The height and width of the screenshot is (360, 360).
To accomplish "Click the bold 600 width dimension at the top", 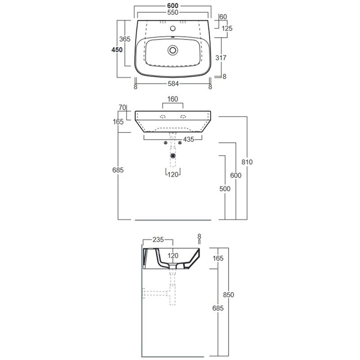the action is click(173, 5).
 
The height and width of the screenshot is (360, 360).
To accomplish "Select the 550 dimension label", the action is click(173, 13).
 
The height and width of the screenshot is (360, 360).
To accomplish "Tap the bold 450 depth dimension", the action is click(117, 49).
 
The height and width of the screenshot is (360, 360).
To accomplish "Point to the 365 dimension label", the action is click(125, 39).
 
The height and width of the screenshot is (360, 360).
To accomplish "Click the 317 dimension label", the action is click(220, 58).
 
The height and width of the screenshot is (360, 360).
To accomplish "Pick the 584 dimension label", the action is click(173, 84).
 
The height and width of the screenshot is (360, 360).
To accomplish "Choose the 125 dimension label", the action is click(227, 28).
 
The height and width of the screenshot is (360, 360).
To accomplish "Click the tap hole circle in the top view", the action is click(173, 28).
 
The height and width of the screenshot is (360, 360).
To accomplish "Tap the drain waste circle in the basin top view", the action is click(173, 50).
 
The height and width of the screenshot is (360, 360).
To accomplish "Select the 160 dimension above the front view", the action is click(173, 99).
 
